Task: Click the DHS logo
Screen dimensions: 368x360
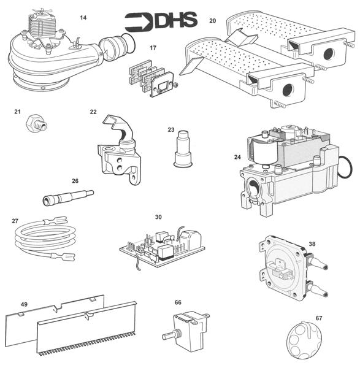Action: click(x=161, y=21)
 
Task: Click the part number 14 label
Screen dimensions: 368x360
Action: click(x=83, y=17)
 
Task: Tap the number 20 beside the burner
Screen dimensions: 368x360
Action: click(x=212, y=21)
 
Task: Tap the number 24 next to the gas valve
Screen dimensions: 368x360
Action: click(x=237, y=158)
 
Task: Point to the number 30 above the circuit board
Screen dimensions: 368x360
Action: click(x=158, y=217)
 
